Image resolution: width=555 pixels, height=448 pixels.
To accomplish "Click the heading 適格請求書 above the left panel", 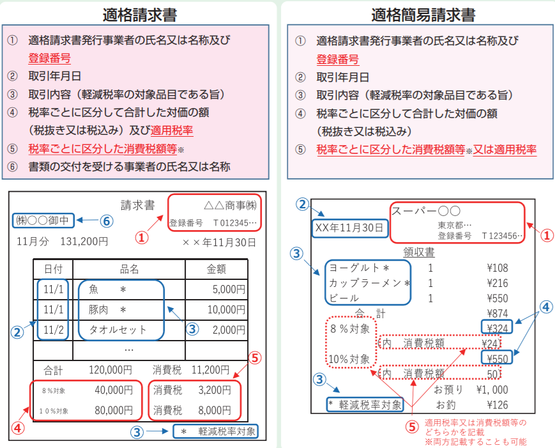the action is click(x=139, y=15).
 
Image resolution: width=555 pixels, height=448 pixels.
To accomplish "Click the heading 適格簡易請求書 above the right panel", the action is click(x=423, y=15).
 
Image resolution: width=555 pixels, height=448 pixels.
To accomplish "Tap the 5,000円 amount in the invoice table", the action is click(x=229, y=290).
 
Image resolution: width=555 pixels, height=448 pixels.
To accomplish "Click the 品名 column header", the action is click(x=129, y=270).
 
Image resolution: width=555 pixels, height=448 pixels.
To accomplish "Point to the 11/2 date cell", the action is click(x=54, y=330).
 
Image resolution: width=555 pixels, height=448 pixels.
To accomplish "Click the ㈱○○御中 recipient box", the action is click(x=43, y=220).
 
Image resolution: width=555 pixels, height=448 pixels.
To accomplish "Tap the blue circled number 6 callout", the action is click(x=107, y=221).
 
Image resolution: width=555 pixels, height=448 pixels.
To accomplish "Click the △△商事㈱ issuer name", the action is click(x=230, y=205).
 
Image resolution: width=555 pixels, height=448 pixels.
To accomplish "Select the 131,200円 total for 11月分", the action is click(x=84, y=242).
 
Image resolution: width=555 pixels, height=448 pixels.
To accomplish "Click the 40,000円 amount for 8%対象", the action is click(x=114, y=390).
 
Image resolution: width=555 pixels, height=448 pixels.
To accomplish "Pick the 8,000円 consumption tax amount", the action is click(x=215, y=410).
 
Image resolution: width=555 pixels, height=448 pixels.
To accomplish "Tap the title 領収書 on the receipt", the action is click(x=419, y=252).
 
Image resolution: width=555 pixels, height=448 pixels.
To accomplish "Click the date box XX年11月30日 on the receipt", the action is click(x=349, y=228).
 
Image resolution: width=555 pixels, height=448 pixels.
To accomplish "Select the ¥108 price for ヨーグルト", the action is click(x=498, y=268).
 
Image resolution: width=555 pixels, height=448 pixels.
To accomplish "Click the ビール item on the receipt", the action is click(x=344, y=298).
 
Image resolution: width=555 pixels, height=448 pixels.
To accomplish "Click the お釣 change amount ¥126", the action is click(x=498, y=405).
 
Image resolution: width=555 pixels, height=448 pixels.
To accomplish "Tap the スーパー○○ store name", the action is click(x=426, y=211).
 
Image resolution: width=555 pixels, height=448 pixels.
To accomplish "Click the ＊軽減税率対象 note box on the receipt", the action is click(x=365, y=405).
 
